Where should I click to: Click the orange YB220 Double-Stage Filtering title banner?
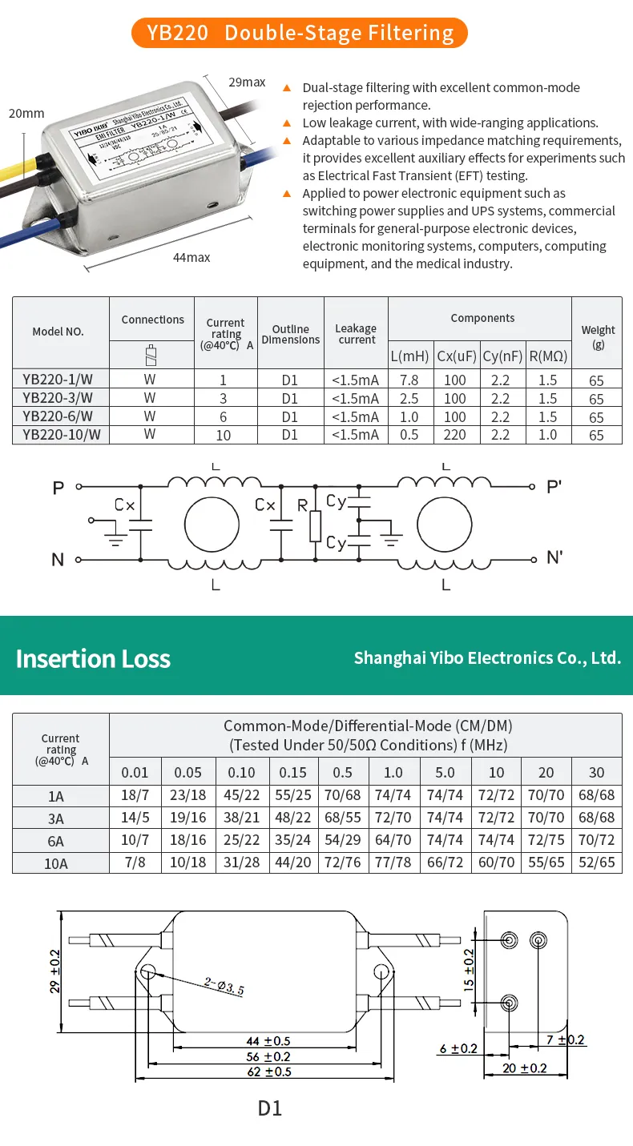point(300,33)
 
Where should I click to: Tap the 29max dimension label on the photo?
point(247,82)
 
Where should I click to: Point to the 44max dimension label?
point(192,257)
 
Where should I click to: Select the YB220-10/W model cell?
point(61,434)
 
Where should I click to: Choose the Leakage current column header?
point(356,334)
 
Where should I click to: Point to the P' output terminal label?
point(554,486)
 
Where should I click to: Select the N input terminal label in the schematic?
point(58,559)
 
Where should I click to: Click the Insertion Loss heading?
point(93,658)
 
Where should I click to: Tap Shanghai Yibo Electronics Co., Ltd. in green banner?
point(487,657)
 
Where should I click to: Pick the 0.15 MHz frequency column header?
point(292,772)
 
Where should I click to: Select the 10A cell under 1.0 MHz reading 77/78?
point(393,863)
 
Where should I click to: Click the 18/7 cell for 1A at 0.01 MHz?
point(135,795)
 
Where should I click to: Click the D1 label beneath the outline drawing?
point(270,1108)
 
